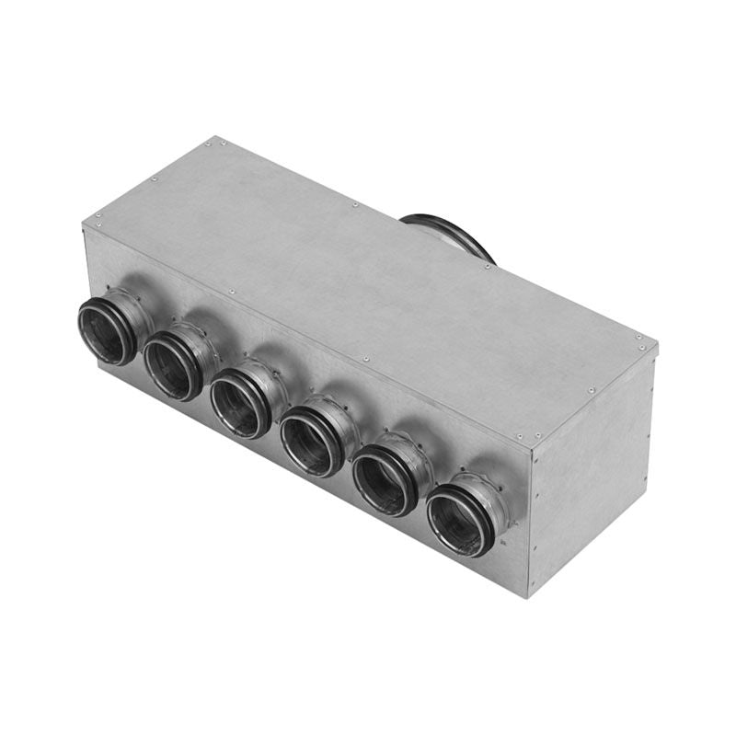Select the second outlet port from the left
click(x=171, y=365)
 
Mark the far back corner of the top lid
click(x=219, y=137)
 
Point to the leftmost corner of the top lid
click(x=83, y=221)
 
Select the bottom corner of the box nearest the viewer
click(x=526, y=597)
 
